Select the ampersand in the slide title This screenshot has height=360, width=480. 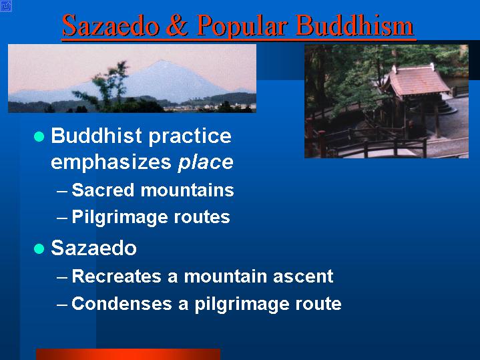(x=178, y=25)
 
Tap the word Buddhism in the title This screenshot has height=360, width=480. (x=355, y=25)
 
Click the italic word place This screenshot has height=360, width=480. (x=206, y=162)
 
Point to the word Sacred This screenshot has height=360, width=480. (x=103, y=190)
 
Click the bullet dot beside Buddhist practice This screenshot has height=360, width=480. (x=39, y=136)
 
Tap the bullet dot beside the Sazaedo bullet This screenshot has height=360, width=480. (x=39, y=248)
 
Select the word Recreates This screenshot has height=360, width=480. (x=116, y=276)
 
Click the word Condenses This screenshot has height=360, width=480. (x=122, y=304)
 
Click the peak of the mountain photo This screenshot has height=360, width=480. (x=162, y=61)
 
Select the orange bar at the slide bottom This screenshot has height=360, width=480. (x=128, y=354)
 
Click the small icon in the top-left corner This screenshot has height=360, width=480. (x=6, y=6)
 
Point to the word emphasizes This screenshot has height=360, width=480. (x=111, y=162)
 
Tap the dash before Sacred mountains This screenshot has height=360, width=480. (x=62, y=192)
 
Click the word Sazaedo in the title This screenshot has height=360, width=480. (x=111, y=26)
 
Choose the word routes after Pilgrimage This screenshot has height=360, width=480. (x=202, y=218)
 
